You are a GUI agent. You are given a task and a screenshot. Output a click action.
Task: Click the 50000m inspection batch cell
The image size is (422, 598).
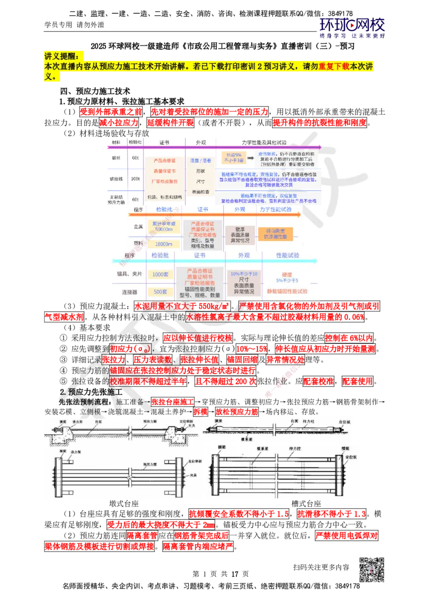pos(164,227)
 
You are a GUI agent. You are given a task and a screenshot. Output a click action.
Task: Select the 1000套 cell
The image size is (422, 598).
pos(160,275)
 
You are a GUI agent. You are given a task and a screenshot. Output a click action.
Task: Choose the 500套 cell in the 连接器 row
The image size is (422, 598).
pos(160,292)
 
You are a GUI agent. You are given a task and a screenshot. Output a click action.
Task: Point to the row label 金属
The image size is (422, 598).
pos(139,226)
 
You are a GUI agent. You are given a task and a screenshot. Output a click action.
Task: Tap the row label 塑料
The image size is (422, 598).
pos(139,244)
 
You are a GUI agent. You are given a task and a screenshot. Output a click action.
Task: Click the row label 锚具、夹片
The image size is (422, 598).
pos(129,274)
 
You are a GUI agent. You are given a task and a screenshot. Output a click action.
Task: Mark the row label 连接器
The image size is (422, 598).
pos(129,292)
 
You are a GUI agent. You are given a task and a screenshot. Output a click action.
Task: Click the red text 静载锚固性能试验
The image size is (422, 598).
pos(286,292)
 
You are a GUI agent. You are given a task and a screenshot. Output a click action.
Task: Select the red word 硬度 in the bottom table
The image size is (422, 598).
pos(287,274)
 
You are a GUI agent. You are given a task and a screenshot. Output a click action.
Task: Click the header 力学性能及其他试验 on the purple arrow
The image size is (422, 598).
pos(264,143)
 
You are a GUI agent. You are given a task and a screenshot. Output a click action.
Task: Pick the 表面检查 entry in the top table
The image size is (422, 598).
pos(200,192)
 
